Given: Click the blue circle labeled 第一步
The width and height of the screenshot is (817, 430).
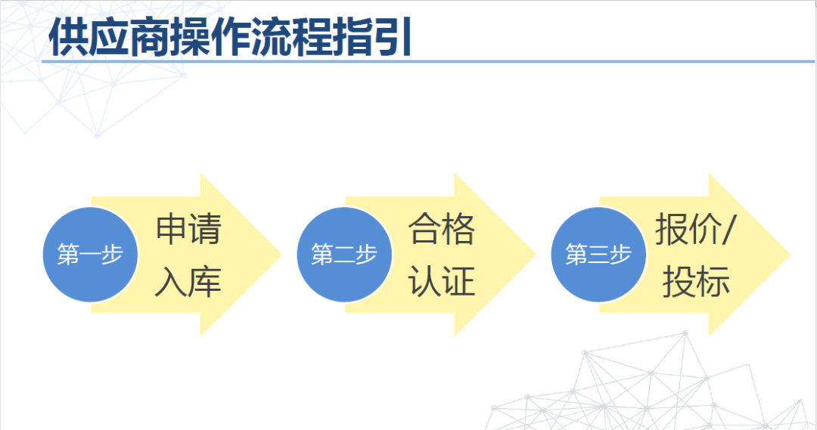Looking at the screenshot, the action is click(x=90, y=255).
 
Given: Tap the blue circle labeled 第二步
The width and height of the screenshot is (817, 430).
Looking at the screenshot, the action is click(x=344, y=255).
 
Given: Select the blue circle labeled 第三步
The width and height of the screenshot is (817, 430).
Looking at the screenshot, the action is click(x=598, y=255).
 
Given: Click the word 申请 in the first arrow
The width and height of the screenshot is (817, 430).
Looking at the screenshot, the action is click(x=188, y=228).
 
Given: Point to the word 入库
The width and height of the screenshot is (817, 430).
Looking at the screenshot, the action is click(x=188, y=282).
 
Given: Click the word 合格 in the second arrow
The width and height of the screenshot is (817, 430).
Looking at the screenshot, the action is click(x=442, y=228).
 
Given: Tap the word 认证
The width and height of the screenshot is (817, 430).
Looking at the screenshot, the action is click(x=442, y=282).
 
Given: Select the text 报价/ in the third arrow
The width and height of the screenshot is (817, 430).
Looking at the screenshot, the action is click(x=695, y=229).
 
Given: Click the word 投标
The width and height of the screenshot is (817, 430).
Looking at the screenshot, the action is click(x=696, y=282).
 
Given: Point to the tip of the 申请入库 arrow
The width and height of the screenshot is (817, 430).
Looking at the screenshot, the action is click(x=282, y=255).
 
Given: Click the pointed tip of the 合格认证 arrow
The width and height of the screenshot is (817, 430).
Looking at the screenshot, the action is click(x=536, y=255).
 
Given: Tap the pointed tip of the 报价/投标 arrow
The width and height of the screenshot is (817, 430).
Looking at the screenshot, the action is click(x=791, y=255).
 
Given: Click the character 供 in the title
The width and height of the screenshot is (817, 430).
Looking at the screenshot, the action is click(x=68, y=38).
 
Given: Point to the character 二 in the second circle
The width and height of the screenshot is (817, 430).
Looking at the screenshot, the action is click(x=345, y=255).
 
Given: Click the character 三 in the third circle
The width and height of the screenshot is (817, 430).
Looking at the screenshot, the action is click(x=599, y=255).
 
